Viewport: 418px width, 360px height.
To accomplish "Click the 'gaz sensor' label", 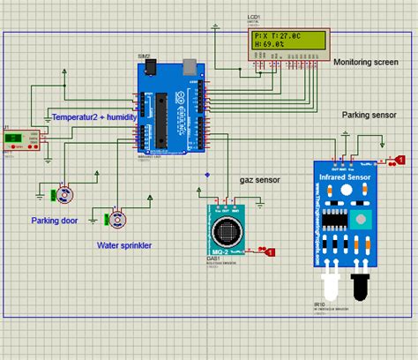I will (260, 179).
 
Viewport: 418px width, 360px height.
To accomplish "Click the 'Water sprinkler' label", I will (124, 244).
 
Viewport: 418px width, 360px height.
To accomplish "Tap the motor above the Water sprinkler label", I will (116, 218).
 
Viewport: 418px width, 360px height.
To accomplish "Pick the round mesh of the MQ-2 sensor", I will (228, 233).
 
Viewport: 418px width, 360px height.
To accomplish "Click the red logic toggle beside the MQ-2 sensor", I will (270, 252).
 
